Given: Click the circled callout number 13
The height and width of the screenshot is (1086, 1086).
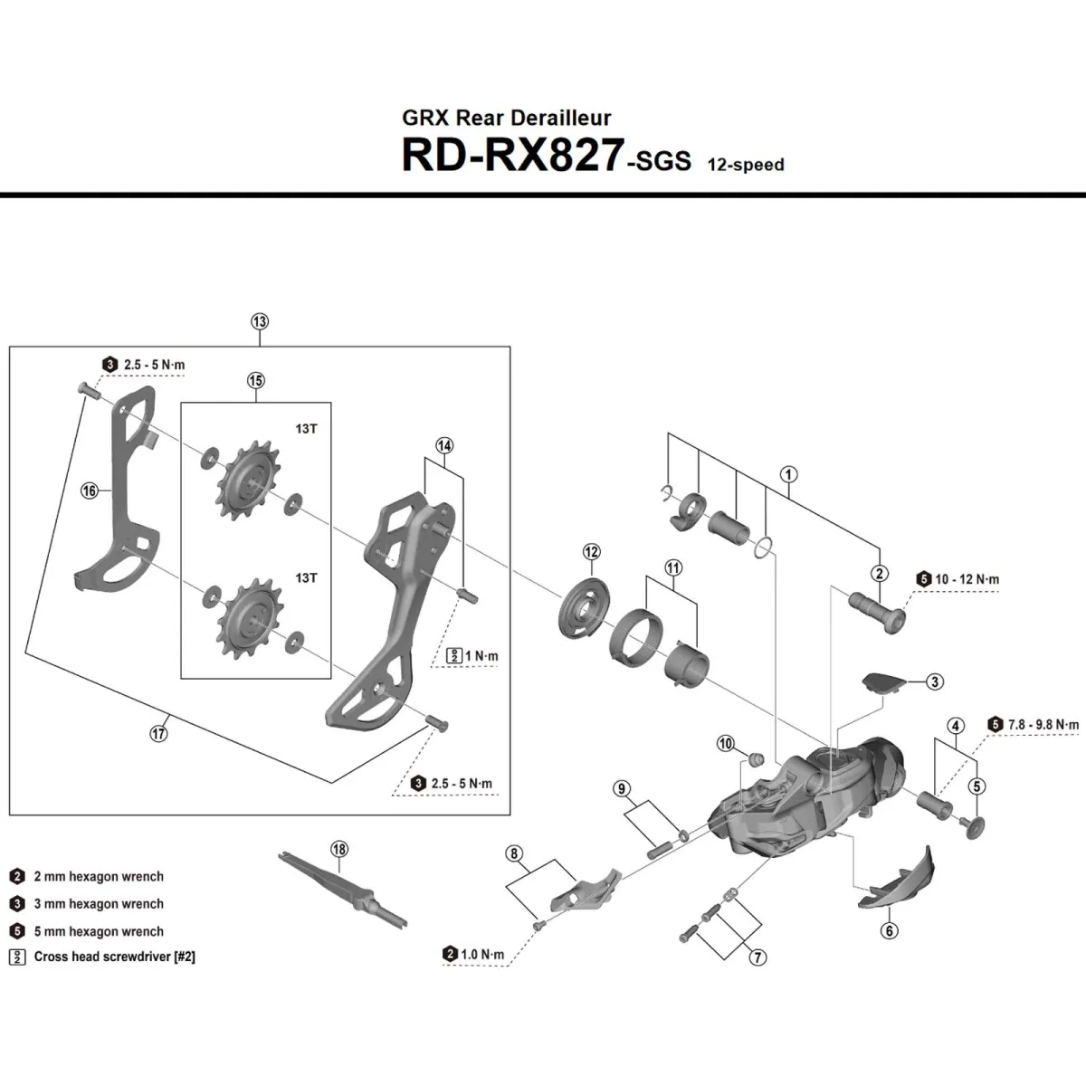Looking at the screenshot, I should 260,321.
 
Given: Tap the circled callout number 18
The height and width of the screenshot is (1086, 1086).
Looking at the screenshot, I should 339,849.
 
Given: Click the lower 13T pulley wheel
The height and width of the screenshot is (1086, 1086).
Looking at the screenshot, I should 245,620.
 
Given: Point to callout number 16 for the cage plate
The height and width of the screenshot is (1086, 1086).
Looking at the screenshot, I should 89,491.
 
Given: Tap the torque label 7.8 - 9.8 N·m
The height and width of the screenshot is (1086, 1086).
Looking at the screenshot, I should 1043,724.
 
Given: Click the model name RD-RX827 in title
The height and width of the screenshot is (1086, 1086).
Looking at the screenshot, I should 512,156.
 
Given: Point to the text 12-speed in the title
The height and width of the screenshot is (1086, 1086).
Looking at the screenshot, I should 740,165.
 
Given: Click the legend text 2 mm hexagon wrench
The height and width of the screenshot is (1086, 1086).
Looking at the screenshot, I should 99,876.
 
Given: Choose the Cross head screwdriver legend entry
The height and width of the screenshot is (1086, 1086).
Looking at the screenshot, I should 114,957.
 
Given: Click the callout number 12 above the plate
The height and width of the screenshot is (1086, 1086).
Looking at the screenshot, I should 591,552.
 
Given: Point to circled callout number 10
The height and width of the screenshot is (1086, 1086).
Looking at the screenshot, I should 726,743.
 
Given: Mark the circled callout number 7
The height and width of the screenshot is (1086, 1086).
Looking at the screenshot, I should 757,957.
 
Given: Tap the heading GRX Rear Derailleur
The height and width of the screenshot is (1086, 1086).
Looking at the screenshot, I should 506,118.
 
